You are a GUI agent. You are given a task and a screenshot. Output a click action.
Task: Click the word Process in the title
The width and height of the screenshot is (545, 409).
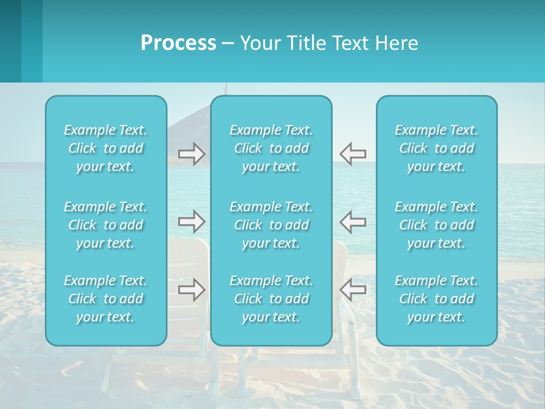click(x=178, y=43)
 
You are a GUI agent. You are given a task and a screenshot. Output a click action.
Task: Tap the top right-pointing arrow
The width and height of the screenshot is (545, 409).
click(x=192, y=154)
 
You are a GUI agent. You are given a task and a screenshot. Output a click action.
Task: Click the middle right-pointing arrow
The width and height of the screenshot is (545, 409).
click(x=192, y=222)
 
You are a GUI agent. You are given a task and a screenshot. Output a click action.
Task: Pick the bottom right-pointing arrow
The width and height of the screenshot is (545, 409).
click(x=192, y=290)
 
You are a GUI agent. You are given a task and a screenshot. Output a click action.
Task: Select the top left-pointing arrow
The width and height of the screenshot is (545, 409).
click(x=353, y=154)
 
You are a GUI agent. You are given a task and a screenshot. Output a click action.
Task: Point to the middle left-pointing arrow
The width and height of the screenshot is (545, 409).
click(x=353, y=222)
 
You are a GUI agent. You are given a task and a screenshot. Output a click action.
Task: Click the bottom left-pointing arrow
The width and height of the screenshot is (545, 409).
click(x=353, y=290)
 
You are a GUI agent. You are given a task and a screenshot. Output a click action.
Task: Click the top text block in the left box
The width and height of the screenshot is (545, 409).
click(x=106, y=148)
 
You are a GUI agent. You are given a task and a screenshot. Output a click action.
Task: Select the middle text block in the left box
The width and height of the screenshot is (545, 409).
click(x=106, y=225)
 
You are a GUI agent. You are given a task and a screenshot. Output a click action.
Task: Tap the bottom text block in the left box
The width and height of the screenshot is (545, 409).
click(x=106, y=299)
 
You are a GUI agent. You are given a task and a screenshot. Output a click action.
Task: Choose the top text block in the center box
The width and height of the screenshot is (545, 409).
click(x=271, y=148)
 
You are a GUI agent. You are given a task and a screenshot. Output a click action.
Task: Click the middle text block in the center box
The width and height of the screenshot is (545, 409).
click(x=271, y=225)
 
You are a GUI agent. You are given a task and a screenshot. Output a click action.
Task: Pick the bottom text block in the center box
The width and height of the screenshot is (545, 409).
click(x=271, y=299)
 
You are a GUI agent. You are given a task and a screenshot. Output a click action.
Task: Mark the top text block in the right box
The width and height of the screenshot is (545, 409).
click(x=437, y=148)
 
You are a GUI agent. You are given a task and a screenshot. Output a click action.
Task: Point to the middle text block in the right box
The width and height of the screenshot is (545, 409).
click(x=437, y=225)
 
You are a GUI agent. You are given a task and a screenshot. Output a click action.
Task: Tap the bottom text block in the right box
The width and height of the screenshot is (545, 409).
click(x=437, y=299)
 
